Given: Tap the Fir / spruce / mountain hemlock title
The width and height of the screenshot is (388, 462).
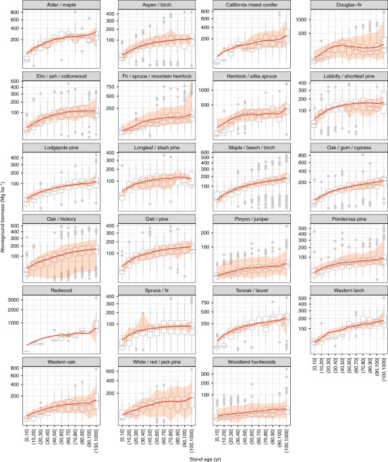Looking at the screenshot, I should [x=157, y=76].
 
